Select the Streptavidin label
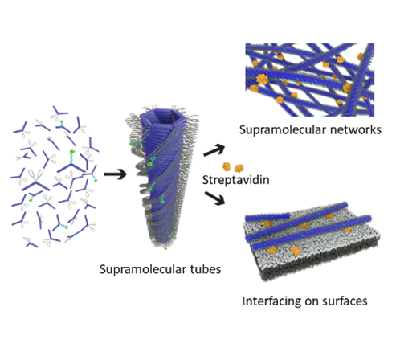[236, 180]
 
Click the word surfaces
[345, 301]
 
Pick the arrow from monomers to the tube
[115, 174]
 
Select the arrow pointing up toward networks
[214, 149]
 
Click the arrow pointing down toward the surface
[214, 198]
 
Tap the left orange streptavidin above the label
[227, 166]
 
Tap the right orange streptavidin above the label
[239, 168]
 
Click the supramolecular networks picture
[310, 80]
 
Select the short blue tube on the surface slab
[267, 217]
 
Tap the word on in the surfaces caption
[312, 302]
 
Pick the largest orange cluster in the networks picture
[262, 80]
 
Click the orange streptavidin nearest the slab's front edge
[296, 251]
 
